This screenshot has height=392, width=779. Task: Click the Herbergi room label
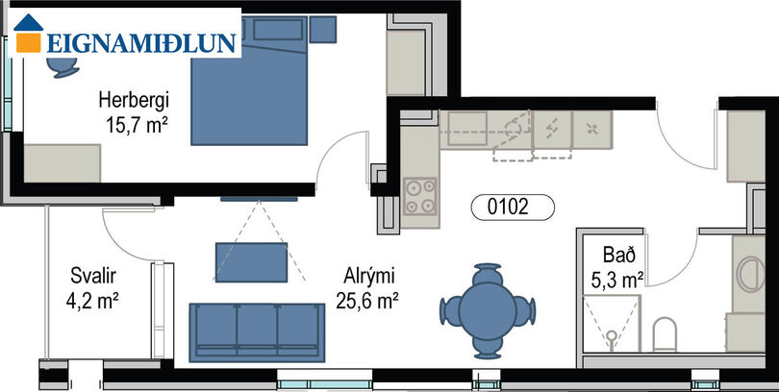pos(134,101)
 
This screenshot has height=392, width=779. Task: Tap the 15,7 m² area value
pos(136,125)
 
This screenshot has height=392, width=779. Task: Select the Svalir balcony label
pos(93,276)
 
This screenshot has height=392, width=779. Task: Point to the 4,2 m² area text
pos(92,300)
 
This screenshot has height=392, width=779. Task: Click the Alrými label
pos(368,277)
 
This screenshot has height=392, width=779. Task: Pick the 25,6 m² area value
pos(367,300)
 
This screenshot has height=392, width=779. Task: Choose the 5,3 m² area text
pos(617,281)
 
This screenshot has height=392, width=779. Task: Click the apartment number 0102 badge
pos(513,207)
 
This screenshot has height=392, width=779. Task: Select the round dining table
pos(488,311)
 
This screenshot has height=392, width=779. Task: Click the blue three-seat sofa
pos(257,332)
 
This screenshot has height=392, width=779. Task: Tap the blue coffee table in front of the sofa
pos(251,262)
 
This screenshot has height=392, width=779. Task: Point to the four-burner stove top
pos(420,196)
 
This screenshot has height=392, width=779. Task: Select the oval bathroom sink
pos(751,274)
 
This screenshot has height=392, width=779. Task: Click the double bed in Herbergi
pos(249,81)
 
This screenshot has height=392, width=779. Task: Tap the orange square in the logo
pos(28,42)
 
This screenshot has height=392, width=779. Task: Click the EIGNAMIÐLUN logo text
pos(141,43)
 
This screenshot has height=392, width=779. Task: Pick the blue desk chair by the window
pos(63,68)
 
